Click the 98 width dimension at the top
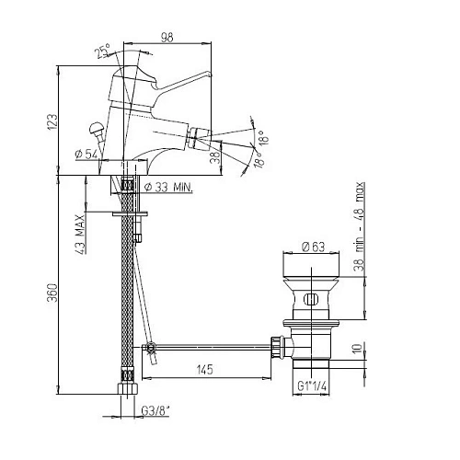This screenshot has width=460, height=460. [167, 38]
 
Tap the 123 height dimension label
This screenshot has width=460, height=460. [52, 122]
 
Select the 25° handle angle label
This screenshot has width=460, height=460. [102, 51]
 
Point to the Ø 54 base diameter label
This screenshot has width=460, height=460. [86, 154]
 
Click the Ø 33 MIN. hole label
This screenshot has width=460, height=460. [168, 187]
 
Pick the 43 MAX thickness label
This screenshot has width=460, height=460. [80, 235]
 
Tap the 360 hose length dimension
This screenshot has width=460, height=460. [52, 293]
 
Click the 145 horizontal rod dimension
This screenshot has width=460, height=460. [205, 370]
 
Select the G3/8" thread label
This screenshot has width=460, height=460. [155, 410]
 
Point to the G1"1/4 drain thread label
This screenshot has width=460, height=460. [312, 386]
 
